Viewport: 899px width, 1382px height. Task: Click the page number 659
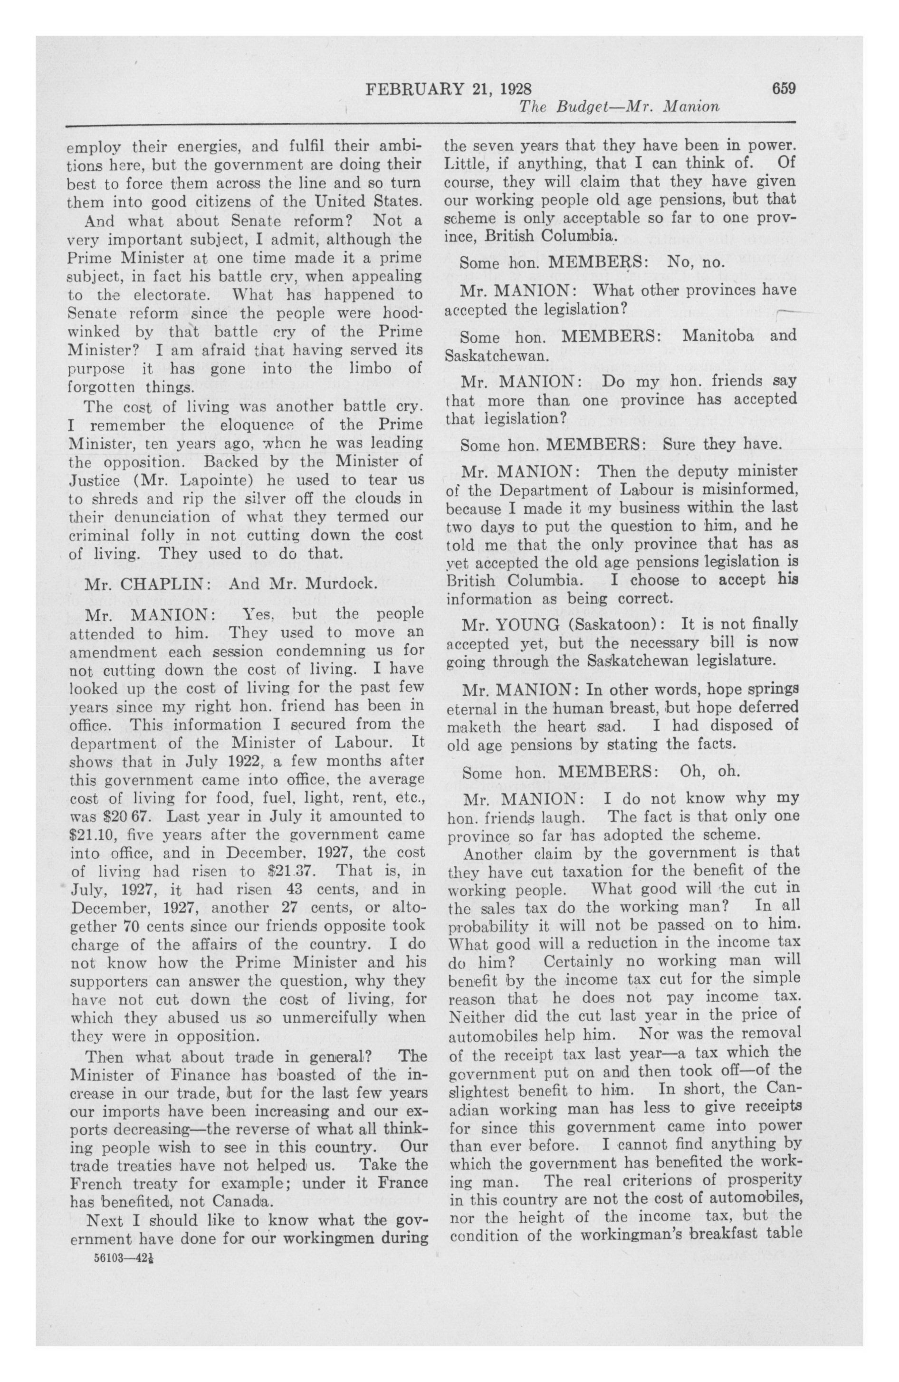pyautogui.click(x=783, y=88)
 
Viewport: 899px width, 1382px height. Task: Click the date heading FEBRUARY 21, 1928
pyautogui.click(x=449, y=89)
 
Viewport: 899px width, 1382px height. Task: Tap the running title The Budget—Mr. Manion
pyautogui.click(x=619, y=107)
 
